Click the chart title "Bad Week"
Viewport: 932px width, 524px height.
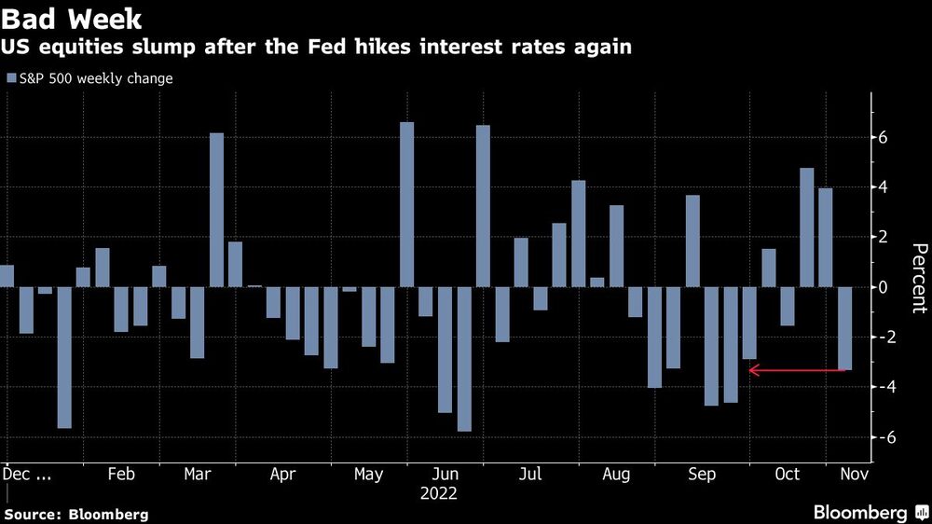pos(73,19)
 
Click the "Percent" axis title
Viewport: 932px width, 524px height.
pos(918,277)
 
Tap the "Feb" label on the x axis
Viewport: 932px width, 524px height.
pos(121,475)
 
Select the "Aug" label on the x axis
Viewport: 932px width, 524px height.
pos(616,475)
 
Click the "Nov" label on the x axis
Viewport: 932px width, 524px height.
pos(850,475)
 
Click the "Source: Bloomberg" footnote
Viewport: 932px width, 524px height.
pos(76,514)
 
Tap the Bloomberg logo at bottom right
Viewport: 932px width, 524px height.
pos(870,512)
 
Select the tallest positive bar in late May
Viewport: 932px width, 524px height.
pos(406,204)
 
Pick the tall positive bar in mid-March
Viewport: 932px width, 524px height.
pos(216,210)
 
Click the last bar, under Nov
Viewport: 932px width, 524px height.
pos(844,328)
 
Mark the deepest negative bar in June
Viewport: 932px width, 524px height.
pos(464,359)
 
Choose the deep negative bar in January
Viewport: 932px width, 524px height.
pos(64,357)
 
